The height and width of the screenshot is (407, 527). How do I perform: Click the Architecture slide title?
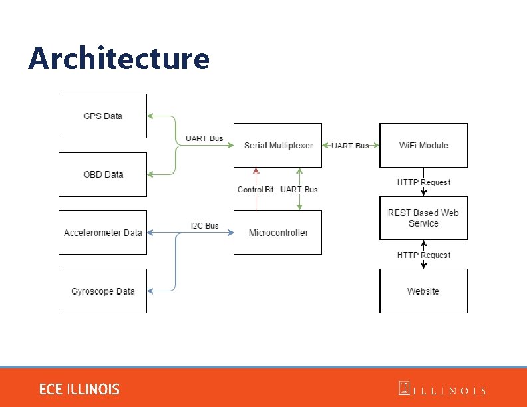point(118,59)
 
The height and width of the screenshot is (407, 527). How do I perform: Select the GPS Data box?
point(102,116)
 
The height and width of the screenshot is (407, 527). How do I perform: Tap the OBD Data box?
point(102,174)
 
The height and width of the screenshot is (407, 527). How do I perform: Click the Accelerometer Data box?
point(102,233)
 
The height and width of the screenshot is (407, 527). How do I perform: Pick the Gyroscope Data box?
point(102,291)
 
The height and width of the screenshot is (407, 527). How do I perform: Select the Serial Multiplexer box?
point(277,145)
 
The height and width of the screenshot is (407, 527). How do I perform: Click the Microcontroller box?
point(277,233)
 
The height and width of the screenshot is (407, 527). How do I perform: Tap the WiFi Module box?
point(423,145)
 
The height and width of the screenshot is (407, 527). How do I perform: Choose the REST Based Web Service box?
point(423,218)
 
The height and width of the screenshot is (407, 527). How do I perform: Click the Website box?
point(423,291)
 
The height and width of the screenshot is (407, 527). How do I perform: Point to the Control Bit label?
point(256,190)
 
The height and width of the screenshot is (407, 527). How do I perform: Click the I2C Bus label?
point(204,226)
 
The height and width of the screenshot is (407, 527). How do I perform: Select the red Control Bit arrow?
point(256,200)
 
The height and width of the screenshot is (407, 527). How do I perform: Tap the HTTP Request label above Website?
point(423,255)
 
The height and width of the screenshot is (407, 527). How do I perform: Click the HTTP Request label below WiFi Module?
point(423,182)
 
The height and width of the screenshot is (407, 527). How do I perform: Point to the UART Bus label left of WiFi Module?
point(350,146)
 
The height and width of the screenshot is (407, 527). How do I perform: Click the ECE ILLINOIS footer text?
point(79,389)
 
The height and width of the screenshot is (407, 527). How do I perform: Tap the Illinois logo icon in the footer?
point(403,388)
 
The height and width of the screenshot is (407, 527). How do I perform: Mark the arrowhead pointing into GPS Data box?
point(150,116)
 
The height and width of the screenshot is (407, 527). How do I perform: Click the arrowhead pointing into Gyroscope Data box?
point(150,291)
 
